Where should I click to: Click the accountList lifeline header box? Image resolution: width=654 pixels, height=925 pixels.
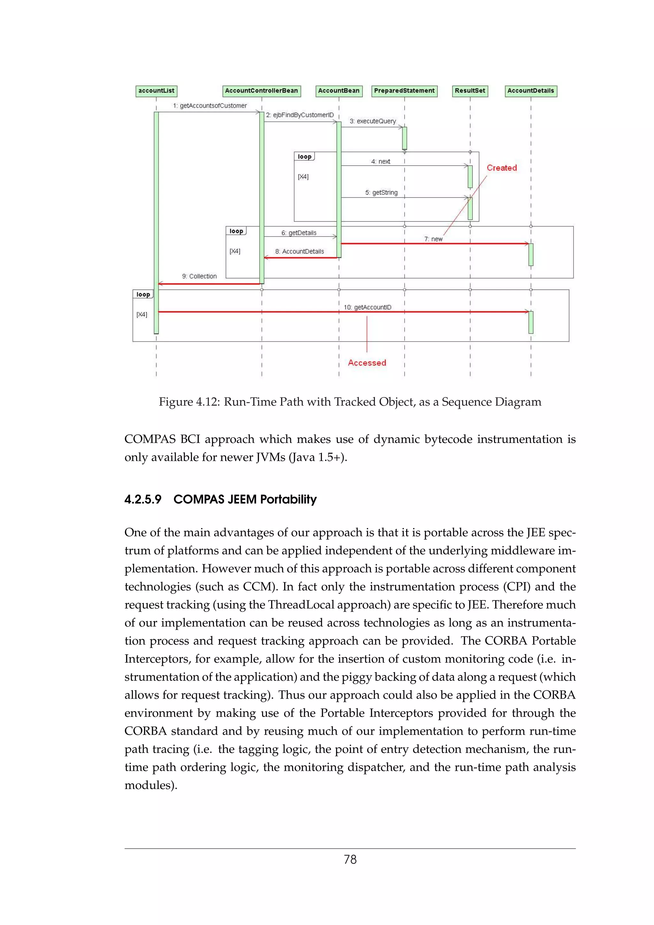pos(156,91)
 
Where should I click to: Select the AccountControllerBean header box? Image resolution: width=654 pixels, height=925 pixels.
pos(262,91)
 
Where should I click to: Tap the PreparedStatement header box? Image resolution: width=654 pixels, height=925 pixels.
pos(404,91)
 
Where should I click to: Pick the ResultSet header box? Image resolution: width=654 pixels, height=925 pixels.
pos(470,91)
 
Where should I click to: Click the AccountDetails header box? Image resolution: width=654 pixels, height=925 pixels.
pos(531,91)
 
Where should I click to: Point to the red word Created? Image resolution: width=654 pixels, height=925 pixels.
pos(501,168)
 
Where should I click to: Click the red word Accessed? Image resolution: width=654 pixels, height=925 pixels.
pos(367,363)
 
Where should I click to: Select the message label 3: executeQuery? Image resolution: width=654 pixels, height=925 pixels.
pos(373,121)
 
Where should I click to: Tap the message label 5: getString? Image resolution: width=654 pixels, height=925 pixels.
pos(381,192)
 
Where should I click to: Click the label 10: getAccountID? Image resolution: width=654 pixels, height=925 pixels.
pos(368,307)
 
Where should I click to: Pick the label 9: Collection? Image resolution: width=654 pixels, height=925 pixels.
pos(199,276)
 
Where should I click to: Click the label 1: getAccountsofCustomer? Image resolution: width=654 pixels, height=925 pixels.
pos(210,106)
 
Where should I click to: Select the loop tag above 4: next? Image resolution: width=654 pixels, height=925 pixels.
pos(304,157)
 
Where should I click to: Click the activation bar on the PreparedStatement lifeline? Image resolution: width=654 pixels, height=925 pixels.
pos(405,138)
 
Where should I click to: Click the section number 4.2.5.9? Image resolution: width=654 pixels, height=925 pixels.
pos(143,500)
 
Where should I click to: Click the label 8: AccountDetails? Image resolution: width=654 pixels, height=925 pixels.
pos(300,252)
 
